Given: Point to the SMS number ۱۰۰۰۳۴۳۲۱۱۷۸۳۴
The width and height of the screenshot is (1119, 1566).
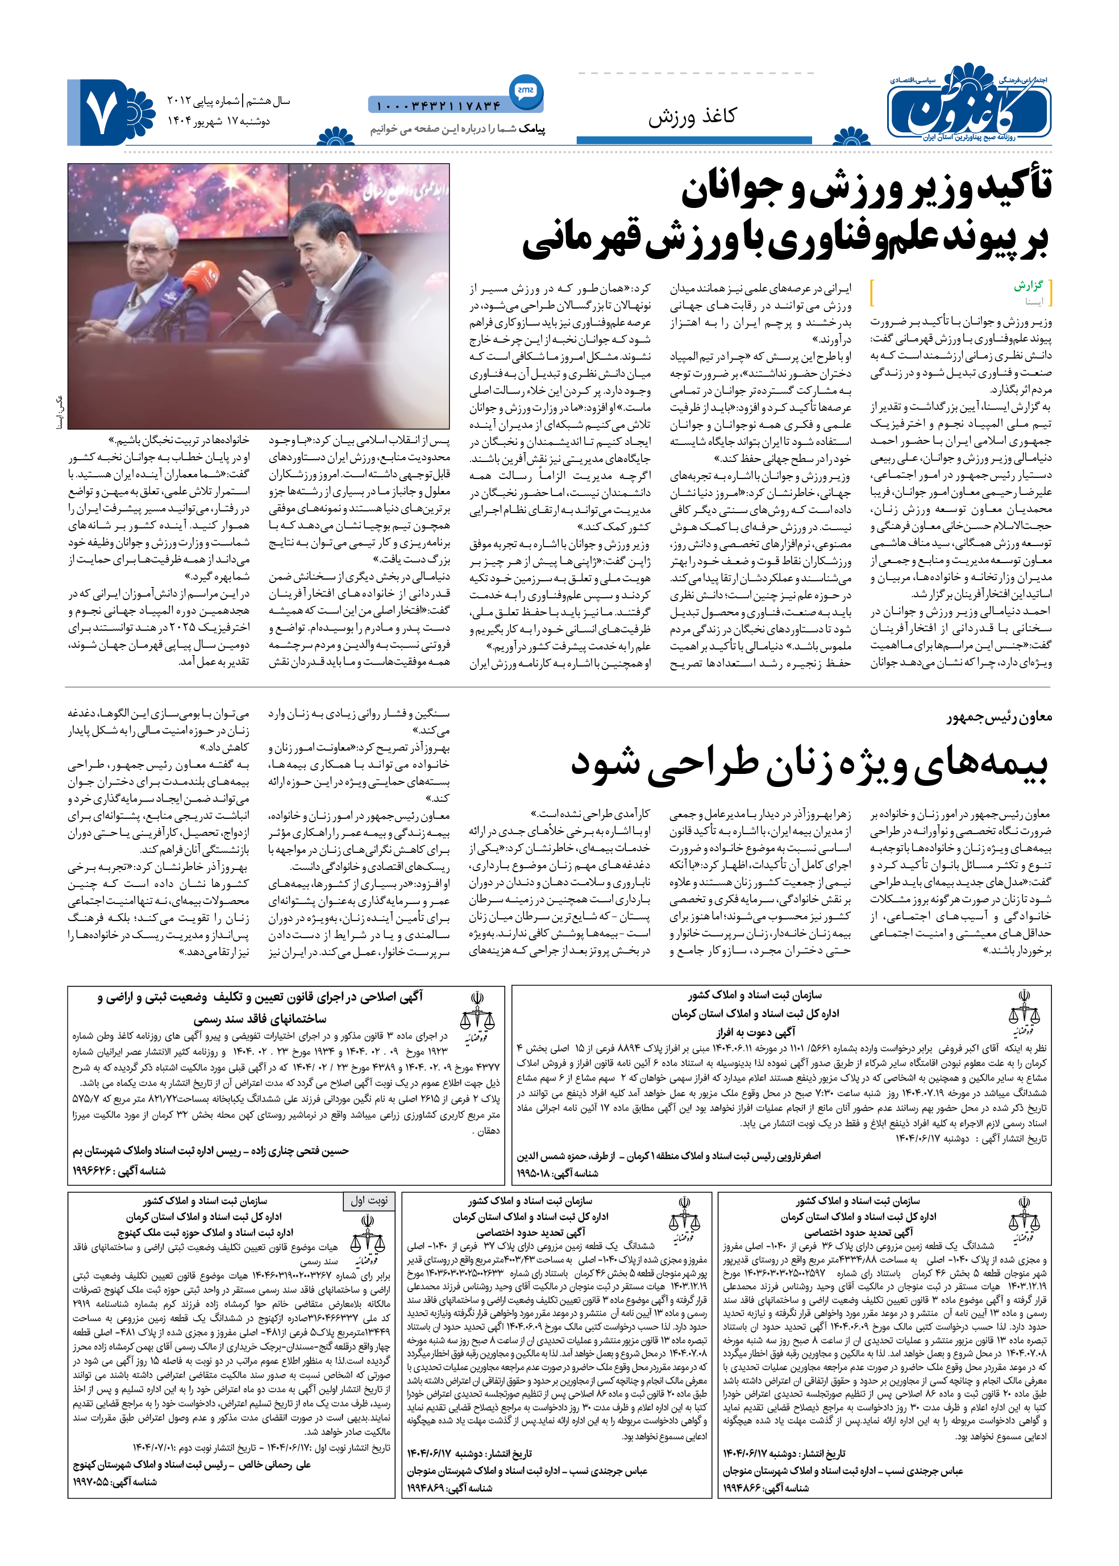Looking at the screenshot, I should click(x=438, y=106).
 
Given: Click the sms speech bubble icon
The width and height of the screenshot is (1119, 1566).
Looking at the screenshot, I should click(x=525, y=90).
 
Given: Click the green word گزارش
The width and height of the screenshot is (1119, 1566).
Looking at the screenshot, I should click(x=1028, y=285).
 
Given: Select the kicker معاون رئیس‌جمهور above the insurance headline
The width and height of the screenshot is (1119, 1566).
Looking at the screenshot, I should click(x=999, y=717).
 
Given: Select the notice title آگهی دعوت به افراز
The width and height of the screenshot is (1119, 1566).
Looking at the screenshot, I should click(x=755, y=1031).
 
